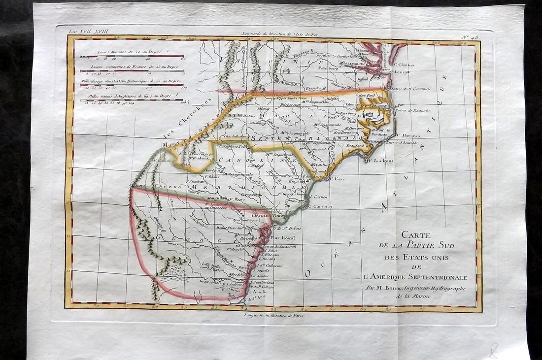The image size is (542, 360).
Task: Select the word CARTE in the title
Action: (x=415, y=235)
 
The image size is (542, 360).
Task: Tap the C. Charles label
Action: (x=403, y=65)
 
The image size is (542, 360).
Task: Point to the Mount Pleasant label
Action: (x=230, y=229)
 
